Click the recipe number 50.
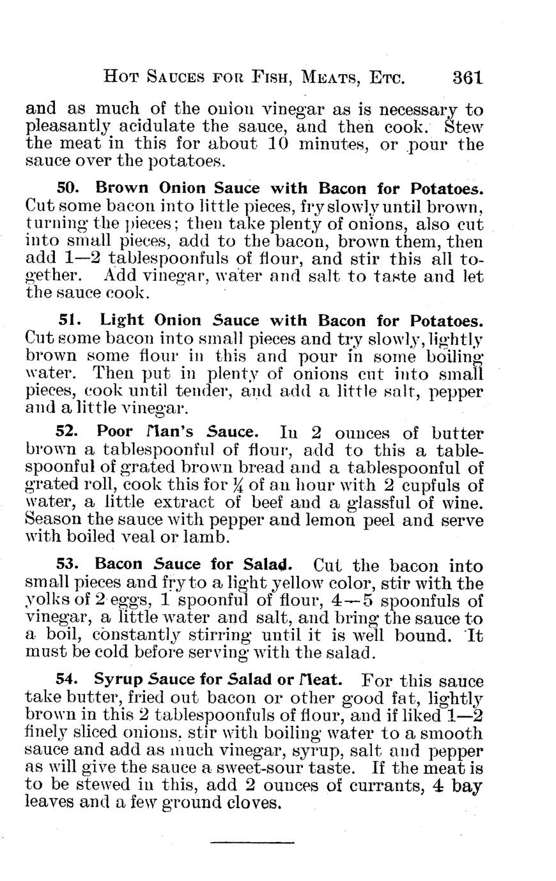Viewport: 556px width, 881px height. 67,189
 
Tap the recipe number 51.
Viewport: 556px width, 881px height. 67,320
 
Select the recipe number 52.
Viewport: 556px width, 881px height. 67,433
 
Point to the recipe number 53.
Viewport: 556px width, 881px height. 67,564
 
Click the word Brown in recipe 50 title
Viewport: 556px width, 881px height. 121,189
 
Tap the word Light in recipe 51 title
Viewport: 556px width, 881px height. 120,320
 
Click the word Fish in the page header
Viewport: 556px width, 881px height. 258,79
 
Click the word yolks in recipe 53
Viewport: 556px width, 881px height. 43,602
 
